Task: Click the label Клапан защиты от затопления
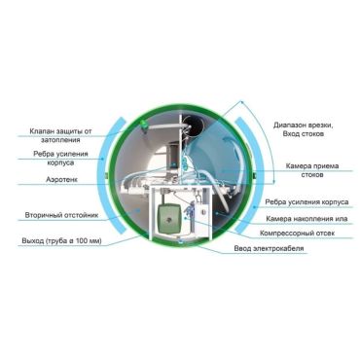(x=60, y=135)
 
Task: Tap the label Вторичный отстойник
(x=61, y=215)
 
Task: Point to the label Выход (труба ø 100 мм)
(x=61, y=241)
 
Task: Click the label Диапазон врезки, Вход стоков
(x=304, y=129)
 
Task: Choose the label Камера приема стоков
(x=312, y=170)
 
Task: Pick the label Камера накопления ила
(x=306, y=219)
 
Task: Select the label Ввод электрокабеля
(x=270, y=248)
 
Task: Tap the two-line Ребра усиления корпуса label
(x=60, y=158)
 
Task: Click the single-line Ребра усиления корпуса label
(x=306, y=202)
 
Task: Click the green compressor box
(x=168, y=219)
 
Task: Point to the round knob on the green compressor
(x=169, y=220)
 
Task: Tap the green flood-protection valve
(x=143, y=125)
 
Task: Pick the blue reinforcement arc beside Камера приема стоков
(x=251, y=175)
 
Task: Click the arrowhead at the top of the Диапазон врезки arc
(x=242, y=102)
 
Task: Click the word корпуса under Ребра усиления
(x=60, y=162)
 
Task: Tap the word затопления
(x=60, y=140)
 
